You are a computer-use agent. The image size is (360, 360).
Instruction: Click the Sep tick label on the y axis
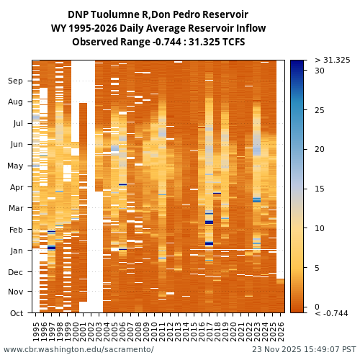[x=17, y=81]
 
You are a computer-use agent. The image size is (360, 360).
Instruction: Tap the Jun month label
[x=17, y=145]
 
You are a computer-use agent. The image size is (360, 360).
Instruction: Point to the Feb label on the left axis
[x=17, y=230]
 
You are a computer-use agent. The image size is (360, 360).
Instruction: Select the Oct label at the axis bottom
[x=17, y=313]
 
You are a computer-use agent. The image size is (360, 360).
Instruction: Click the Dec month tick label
[x=17, y=272]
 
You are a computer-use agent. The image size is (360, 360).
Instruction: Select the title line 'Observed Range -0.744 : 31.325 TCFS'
[x=158, y=42]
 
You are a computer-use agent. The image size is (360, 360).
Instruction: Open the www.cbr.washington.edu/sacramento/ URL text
[x=78, y=350]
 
